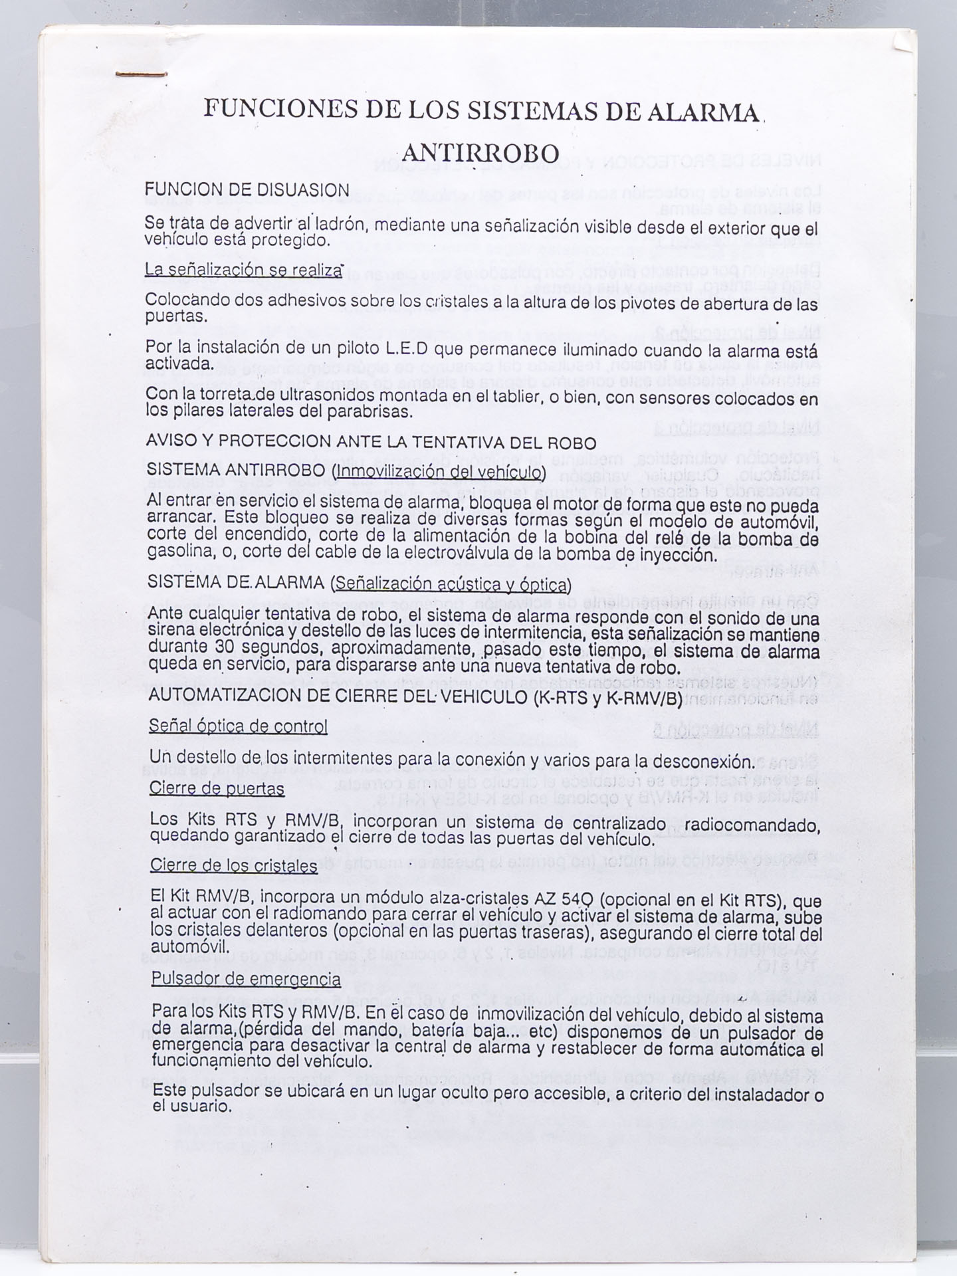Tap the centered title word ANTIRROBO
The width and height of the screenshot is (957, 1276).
(x=480, y=154)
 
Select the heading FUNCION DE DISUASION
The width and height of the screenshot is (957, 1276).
(x=247, y=190)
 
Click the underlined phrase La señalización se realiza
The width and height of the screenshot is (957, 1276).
(x=243, y=270)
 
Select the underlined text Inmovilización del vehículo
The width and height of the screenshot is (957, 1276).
(x=441, y=471)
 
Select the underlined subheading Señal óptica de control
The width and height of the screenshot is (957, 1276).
(x=239, y=726)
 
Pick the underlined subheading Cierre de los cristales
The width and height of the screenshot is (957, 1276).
(x=233, y=865)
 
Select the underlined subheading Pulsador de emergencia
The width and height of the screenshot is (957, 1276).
(x=246, y=979)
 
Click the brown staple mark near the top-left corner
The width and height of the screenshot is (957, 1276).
(x=140, y=74)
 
